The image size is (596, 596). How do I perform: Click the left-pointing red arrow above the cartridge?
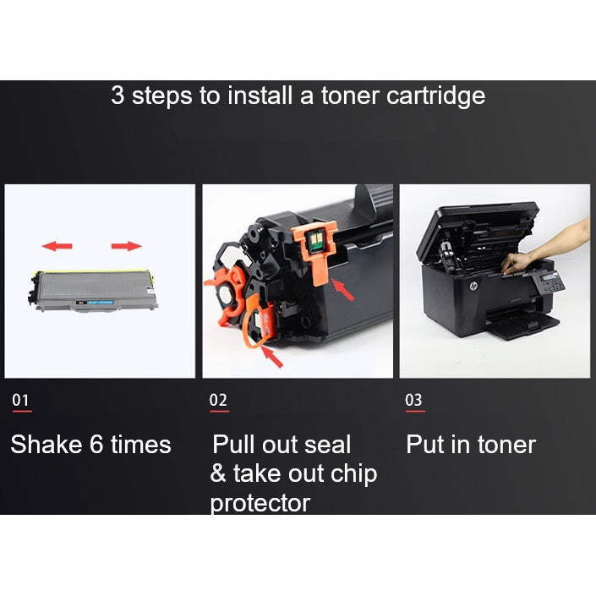click(x=57, y=246)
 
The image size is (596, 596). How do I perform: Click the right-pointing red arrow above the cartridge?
click(x=127, y=246)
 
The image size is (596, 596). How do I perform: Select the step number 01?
click(x=21, y=400)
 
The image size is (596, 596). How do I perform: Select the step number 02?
click(x=218, y=400)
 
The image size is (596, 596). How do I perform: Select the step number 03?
click(x=413, y=400)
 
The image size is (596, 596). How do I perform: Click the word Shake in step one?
click(x=46, y=445)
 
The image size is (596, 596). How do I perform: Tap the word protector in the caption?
click(x=260, y=504)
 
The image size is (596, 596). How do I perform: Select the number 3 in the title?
click(x=118, y=96)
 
